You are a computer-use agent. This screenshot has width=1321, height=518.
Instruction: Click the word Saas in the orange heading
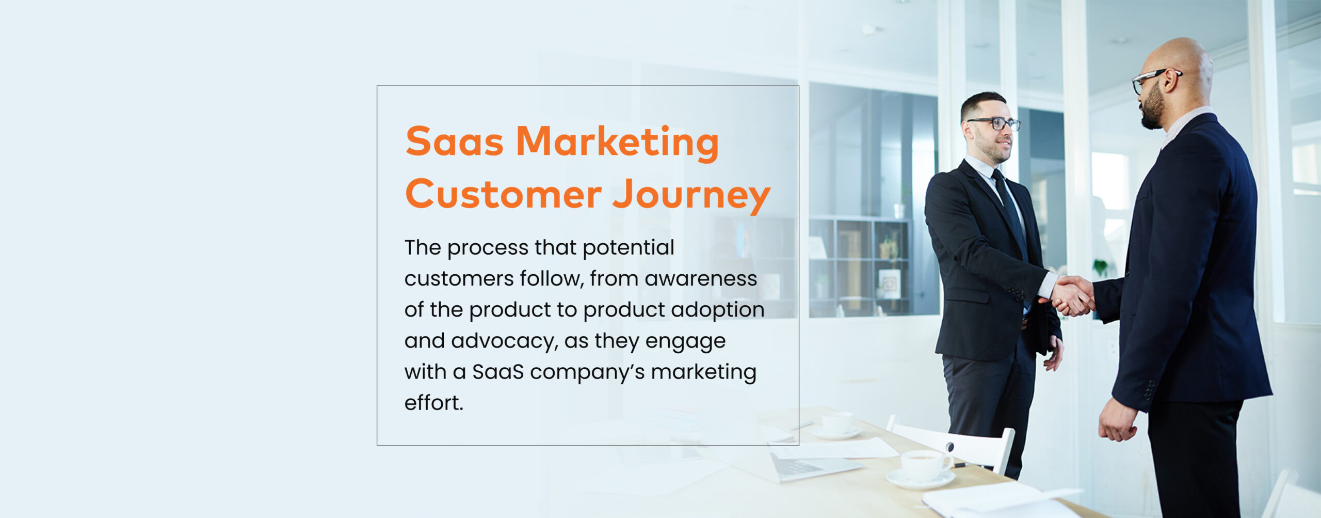click(x=454, y=142)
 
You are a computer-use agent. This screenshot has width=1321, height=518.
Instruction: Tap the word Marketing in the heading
click(x=617, y=143)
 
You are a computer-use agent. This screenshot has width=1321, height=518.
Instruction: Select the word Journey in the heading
click(x=691, y=195)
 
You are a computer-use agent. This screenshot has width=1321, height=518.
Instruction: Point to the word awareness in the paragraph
click(x=700, y=279)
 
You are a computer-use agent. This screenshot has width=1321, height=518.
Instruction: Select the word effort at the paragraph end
click(x=432, y=403)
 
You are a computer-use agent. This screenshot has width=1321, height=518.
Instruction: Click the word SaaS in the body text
click(x=497, y=372)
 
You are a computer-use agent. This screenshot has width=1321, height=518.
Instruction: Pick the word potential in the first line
click(x=628, y=248)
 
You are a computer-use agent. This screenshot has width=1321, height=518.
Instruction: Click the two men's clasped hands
click(x=1073, y=295)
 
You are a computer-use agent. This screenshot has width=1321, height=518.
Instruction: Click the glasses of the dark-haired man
click(x=996, y=124)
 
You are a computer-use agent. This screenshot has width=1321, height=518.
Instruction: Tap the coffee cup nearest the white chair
click(x=924, y=465)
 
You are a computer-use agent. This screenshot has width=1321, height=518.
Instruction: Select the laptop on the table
click(x=805, y=465)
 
